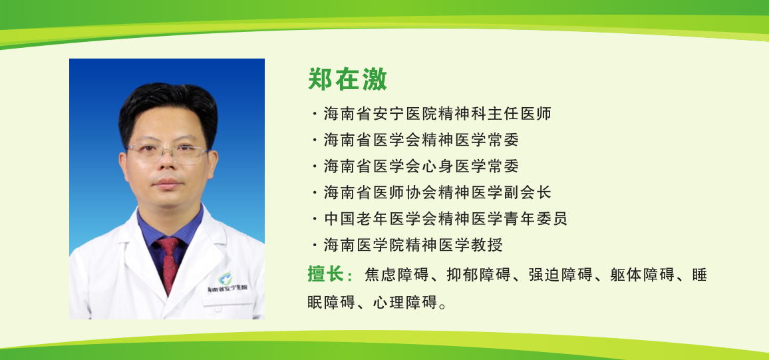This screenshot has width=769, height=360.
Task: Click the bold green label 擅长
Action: coord(325,275)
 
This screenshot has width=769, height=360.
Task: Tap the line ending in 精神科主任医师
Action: coord(438,114)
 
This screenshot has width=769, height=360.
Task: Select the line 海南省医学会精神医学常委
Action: coord(421,140)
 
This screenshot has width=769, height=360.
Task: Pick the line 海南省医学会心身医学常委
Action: coord(421,166)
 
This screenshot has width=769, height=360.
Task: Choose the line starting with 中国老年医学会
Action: coord(446,218)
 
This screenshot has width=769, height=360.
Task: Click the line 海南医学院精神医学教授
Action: coord(413,245)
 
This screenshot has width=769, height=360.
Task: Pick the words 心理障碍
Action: coord(405,303)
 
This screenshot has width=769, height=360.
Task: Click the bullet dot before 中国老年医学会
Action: coord(314,218)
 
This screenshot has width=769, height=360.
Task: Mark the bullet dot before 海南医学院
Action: coord(314,245)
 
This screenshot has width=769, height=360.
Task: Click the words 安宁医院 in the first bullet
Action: coord(405,114)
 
